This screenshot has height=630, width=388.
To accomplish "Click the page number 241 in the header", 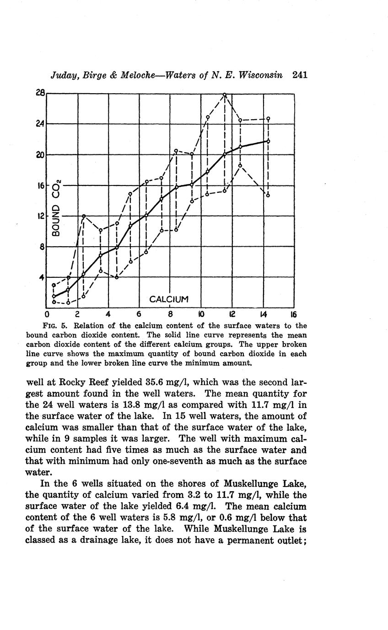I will point(299,75).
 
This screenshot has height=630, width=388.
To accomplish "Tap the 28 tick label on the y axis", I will point(40,93).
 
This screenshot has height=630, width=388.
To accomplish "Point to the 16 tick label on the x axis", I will point(293,314).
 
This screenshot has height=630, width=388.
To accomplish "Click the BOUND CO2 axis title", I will point(56,214).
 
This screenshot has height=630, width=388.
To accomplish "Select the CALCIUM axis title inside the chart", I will point(169,299).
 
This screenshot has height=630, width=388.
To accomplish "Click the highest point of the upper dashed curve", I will point(225,95).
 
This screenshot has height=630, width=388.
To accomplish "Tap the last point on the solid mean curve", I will point(268,141).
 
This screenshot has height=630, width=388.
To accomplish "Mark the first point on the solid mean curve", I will point(54,296).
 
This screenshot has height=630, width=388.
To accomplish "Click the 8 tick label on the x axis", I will point(170,314).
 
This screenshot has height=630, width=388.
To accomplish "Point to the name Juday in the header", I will point(65,75).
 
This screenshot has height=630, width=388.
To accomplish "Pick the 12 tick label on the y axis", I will point(40,216).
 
